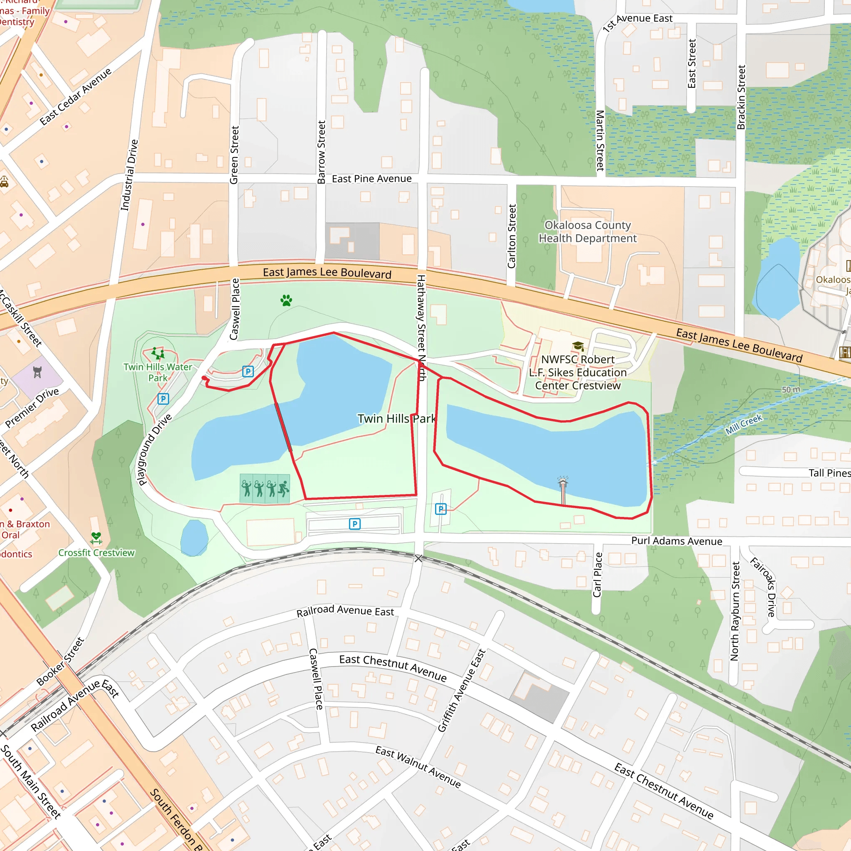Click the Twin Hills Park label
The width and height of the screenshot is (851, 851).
click(x=396, y=418)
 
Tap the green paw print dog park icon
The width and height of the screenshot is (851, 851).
click(x=286, y=300)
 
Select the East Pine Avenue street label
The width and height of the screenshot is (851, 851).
click(x=371, y=179)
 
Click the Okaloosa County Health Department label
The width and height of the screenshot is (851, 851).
click(x=587, y=232)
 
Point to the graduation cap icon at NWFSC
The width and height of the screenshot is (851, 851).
click(x=578, y=346)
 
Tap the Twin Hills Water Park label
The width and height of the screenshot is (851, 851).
click(x=157, y=372)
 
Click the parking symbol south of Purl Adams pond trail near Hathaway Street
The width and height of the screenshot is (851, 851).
click(x=440, y=509)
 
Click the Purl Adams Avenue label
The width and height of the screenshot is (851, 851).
click(x=676, y=541)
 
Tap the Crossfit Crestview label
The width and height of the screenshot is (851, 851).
click(x=96, y=553)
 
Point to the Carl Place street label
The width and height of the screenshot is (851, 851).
click(x=597, y=575)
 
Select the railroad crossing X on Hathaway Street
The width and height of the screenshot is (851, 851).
click(x=418, y=558)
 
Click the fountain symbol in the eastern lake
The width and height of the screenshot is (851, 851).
click(x=563, y=482)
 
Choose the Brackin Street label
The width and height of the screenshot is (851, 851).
click(x=741, y=97)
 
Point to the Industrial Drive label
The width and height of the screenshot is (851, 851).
click(x=130, y=175)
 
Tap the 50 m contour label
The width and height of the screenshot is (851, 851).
click(x=791, y=389)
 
